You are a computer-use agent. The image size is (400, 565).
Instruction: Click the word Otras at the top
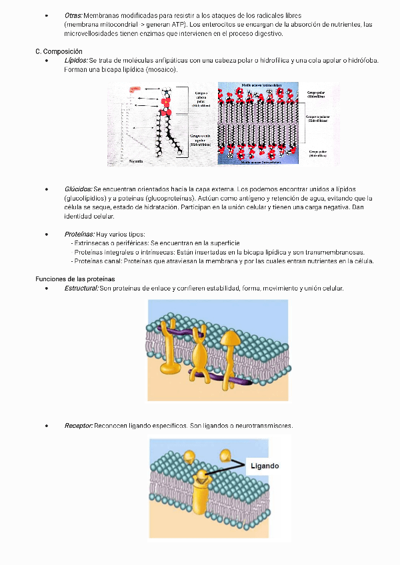click(73, 15)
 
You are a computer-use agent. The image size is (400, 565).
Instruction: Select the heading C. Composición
click(59, 51)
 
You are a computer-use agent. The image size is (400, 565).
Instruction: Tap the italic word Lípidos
click(75, 61)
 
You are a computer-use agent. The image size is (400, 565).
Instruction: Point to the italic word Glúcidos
click(78, 189)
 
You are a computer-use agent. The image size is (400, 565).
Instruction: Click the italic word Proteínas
click(79, 235)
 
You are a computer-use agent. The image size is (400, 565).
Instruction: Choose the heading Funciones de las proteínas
click(75, 279)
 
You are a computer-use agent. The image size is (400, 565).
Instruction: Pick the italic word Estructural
click(81, 288)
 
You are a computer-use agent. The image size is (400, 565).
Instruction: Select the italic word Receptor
click(79, 426)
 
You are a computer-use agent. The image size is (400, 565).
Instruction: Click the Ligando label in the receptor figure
click(265, 466)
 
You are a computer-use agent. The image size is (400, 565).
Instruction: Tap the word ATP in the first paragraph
click(177, 24)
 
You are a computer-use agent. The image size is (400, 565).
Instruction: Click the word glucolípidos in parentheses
click(87, 199)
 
